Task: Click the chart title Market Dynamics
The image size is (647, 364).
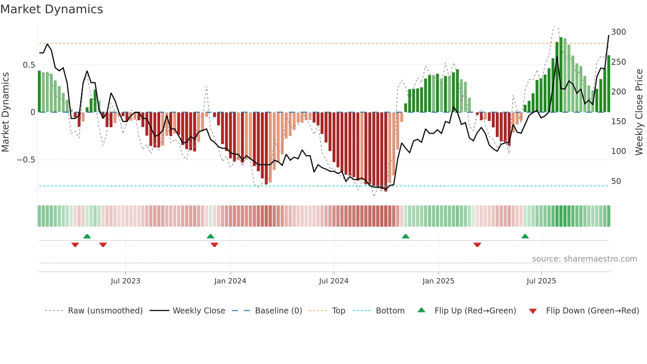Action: click(x=51, y=9)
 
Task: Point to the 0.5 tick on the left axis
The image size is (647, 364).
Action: click(x=29, y=65)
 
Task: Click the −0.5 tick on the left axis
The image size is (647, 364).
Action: click(x=26, y=160)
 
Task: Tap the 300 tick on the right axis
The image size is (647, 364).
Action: click(x=618, y=32)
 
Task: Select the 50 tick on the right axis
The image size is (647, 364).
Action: click(x=616, y=181)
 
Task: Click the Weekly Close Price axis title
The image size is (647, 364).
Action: click(x=639, y=112)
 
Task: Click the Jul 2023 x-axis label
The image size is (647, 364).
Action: click(x=125, y=281)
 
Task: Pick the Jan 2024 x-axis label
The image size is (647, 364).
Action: click(x=230, y=281)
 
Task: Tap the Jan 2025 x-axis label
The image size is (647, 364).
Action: click(x=438, y=281)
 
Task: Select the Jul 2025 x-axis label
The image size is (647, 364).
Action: click(x=541, y=281)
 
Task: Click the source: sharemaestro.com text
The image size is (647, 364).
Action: click(x=584, y=259)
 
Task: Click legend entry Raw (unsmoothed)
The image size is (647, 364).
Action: click(x=105, y=311)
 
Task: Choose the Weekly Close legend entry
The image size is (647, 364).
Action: click(x=199, y=311)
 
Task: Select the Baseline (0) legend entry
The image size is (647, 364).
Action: click(x=278, y=311)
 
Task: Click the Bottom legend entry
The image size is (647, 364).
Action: click(x=390, y=311)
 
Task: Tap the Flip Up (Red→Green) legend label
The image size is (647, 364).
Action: click(x=475, y=311)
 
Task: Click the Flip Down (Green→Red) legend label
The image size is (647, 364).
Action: click(x=592, y=311)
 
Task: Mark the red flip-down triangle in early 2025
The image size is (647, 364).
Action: click(x=477, y=245)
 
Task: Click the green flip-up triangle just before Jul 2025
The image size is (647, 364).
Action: click(x=525, y=236)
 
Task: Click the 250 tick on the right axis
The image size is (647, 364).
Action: click(x=618, y=62)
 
